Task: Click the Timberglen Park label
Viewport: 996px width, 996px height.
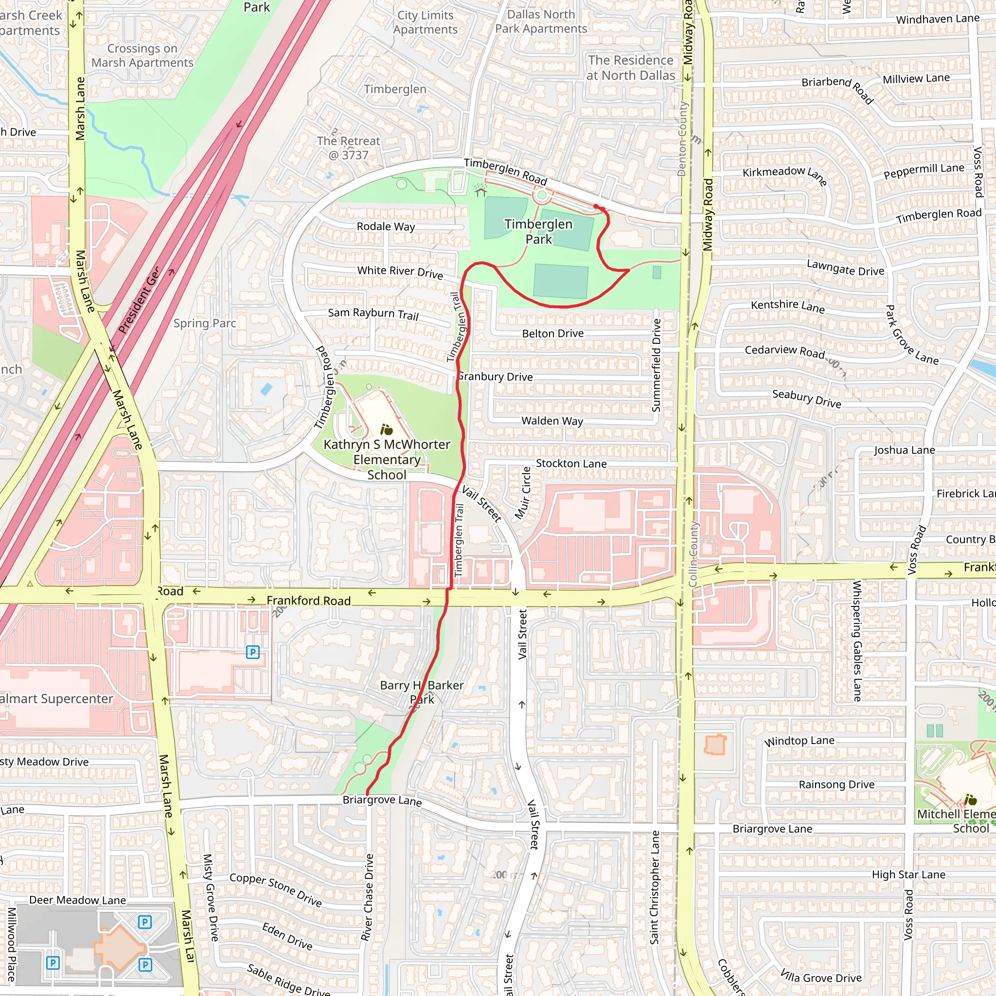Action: (x=538, y=231)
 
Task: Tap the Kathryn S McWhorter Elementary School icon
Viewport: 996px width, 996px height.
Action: (x=386, y=429)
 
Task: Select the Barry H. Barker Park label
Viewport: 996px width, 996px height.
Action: (x=422, y=692)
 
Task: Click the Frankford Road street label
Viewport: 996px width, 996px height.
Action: (x=308, y=601)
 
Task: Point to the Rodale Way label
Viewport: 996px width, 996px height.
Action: (x=386, y=226)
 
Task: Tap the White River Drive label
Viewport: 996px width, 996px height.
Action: (x=400, y=272)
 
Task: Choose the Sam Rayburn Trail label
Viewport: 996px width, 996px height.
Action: (x=373, y=314)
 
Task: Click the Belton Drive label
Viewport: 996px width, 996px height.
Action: (x=552, y=334)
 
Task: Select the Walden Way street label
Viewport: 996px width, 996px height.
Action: (x=552, y=421)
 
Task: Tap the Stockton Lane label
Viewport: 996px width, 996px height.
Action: (x=571, y=463)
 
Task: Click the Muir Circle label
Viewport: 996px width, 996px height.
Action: (x=523, y=493)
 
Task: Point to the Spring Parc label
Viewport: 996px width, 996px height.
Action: (x=205, y=323)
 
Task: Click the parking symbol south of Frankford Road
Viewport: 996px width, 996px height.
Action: (x=252, y=652)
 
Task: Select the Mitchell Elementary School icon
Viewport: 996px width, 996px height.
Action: (x=970, y=800)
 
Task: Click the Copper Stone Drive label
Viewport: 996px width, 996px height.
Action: (x=275, y=889)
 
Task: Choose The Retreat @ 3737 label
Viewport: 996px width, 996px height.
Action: (x=349, y=147)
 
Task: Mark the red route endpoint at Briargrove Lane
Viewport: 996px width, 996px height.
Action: (x=368, y=794)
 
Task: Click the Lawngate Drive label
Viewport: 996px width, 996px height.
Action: (x=845, y=267)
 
